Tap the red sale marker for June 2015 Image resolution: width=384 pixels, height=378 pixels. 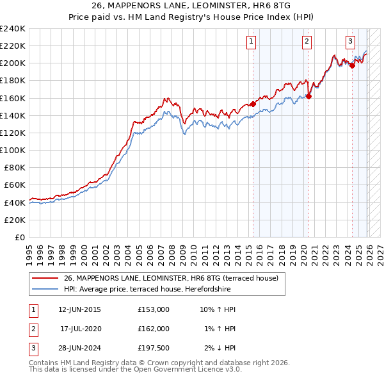(x=253, y=104)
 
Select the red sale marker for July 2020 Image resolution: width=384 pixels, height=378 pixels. (x=308, y=96)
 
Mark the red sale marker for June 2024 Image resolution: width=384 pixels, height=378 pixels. (x=352, y=65)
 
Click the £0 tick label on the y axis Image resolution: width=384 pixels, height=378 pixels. (x=19, y=237)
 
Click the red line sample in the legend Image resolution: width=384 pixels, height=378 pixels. (x=45, y=279)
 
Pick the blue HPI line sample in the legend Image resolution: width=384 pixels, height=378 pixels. (x=45, y=289)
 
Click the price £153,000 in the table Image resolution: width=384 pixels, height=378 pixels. (x=153, y=309)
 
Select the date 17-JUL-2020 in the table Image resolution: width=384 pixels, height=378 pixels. (x=79, y=328)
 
